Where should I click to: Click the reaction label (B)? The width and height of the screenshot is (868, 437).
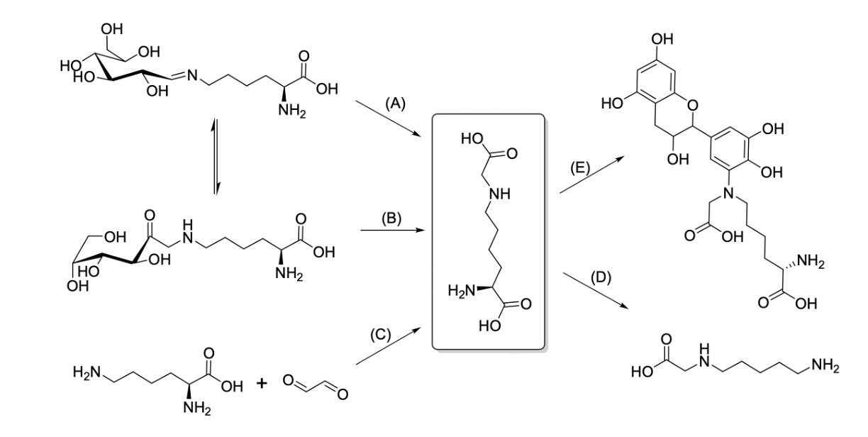coord(391,218)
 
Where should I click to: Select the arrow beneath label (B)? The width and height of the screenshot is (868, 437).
coord(391,231)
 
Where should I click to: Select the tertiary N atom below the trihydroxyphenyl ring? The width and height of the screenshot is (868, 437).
coord(725,194)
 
